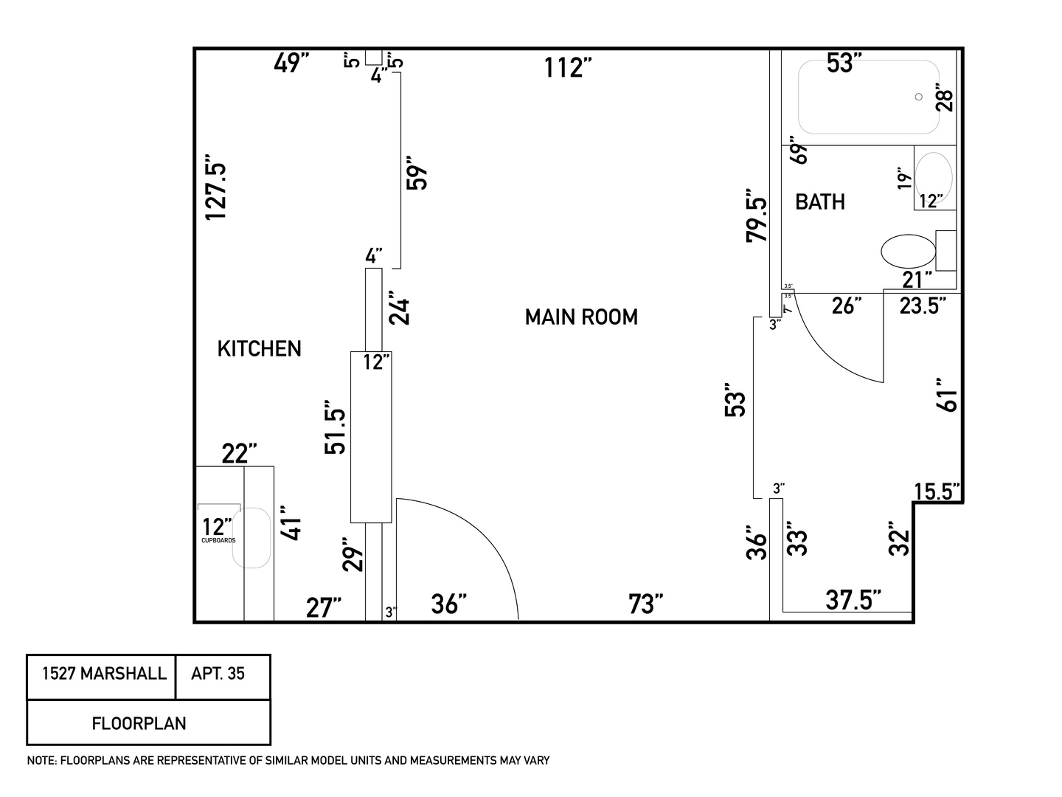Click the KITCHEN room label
[259, 348]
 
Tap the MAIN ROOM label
[581, 317]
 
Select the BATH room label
[819, 201]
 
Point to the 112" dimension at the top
[568, 68]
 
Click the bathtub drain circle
[919, 97]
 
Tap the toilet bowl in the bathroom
[908, 251]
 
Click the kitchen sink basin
[251, 537]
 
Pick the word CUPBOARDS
[218, 540]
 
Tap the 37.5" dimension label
[853, 600]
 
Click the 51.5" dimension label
[336, 431]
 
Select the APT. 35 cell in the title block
[218, 674]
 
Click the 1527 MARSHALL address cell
[104, 674]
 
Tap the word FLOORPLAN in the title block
[139, 723]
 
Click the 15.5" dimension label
[937, 491]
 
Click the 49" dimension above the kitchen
[290, 63]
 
